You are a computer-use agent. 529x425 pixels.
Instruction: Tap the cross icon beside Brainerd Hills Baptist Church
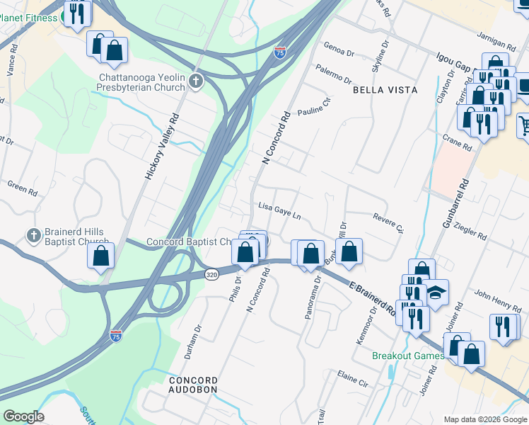[x=33, y=235]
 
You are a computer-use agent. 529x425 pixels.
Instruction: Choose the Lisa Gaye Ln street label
[x=279, y=210]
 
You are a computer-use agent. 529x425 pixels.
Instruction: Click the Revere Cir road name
[x=387, y=223]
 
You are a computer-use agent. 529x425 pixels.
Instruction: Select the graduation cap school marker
[x=436, y=293]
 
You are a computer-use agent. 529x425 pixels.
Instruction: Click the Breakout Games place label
[x=408, y=356]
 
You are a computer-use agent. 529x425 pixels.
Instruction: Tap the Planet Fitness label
[x=28, y=18]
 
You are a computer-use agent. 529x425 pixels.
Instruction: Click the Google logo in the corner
[x=23, y=416]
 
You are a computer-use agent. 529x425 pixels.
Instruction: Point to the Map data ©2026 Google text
[x=485, y=419]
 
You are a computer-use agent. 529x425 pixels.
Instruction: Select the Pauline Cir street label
[x=314, y=108]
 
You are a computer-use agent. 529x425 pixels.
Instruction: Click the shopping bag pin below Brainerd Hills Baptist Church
[x=101, y=256]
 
